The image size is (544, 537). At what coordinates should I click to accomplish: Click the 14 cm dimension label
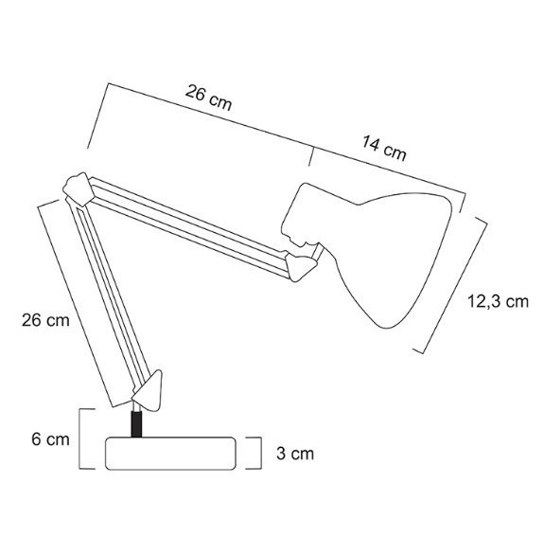click(x=384, y=149)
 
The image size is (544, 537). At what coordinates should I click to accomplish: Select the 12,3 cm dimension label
click(x=499, y=301)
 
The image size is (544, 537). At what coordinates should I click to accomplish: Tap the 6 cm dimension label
click(x=51, y=439)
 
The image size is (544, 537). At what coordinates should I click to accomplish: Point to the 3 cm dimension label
click(x=295, y=454)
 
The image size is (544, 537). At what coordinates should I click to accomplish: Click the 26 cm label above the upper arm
click(x=208, y=98)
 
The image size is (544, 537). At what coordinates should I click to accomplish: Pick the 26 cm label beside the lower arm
click(x=45, y=320)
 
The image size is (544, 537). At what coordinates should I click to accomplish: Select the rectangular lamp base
click(x=170, y=454)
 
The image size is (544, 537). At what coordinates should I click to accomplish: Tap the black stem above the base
click(x=136, y=424)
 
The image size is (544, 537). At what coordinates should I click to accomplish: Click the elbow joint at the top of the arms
click(x=79, y=189)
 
